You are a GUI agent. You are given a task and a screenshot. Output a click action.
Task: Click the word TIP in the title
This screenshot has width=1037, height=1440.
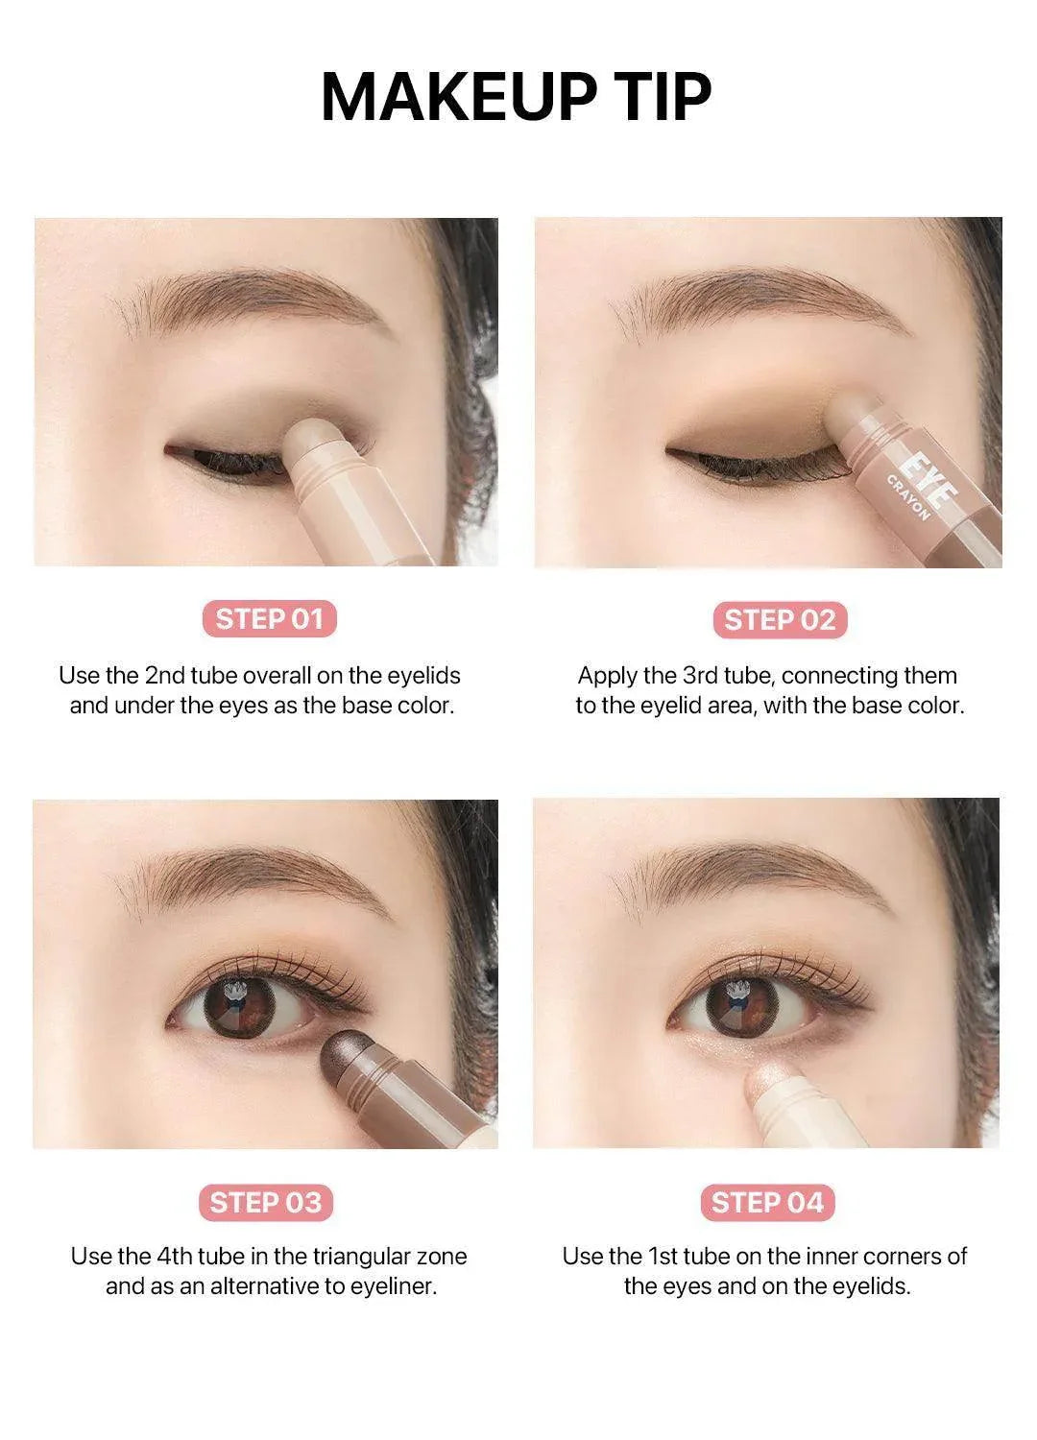[x=658, y=96]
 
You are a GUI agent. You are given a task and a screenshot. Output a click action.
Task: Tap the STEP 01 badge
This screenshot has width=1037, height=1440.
[x=270, y=619]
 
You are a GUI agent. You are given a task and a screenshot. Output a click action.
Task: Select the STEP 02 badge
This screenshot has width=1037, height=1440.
[x=780, y=620]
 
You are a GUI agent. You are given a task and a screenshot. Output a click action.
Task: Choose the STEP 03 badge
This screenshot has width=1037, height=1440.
[x=266, y=1202]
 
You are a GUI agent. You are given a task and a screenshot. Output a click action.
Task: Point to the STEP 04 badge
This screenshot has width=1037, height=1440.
[x=767, y=1202]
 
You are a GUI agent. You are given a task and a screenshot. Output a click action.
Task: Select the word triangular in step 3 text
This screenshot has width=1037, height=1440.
[x=339, y=1257]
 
